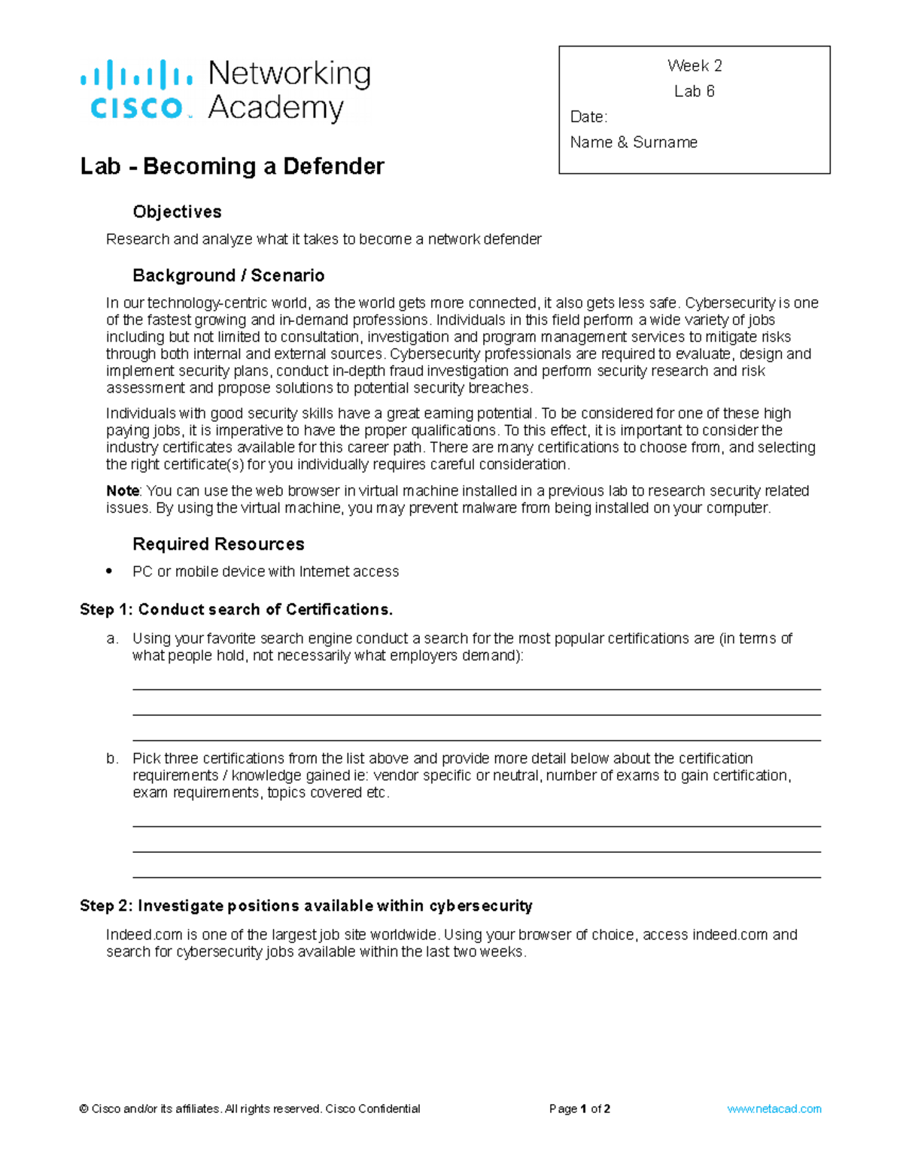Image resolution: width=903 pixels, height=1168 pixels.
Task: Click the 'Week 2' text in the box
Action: point(694,66)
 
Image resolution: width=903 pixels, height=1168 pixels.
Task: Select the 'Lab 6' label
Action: point(694,92)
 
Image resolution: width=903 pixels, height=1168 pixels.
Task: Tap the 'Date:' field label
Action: point(588,117)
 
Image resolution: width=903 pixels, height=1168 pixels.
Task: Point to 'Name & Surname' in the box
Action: point(634,143)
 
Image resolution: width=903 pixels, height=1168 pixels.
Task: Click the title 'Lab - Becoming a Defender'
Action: point(232,166)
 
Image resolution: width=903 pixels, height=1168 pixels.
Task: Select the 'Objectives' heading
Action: point(177,212)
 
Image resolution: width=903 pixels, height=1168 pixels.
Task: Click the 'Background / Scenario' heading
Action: point(228,276)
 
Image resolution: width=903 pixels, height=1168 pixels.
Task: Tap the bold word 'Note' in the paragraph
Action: point(122,491)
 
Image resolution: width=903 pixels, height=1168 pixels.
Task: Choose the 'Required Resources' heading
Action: point(218,545)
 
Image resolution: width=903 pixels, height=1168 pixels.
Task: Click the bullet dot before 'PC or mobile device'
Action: point(110,571)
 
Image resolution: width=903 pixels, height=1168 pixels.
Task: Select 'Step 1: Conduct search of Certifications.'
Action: point(236,610)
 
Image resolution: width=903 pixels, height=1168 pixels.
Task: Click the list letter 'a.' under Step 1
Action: point(112,639)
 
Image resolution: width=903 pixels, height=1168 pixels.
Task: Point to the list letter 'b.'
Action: point(112,759)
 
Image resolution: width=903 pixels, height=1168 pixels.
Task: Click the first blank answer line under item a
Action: point(476,689)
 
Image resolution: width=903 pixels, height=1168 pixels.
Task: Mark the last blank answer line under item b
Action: point(476,877)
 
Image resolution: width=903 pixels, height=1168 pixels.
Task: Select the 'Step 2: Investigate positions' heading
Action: point(306,906)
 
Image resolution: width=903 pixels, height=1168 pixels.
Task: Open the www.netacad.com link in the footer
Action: point(774,1109)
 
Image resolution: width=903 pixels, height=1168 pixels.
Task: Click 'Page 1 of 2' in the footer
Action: point(579,1109)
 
